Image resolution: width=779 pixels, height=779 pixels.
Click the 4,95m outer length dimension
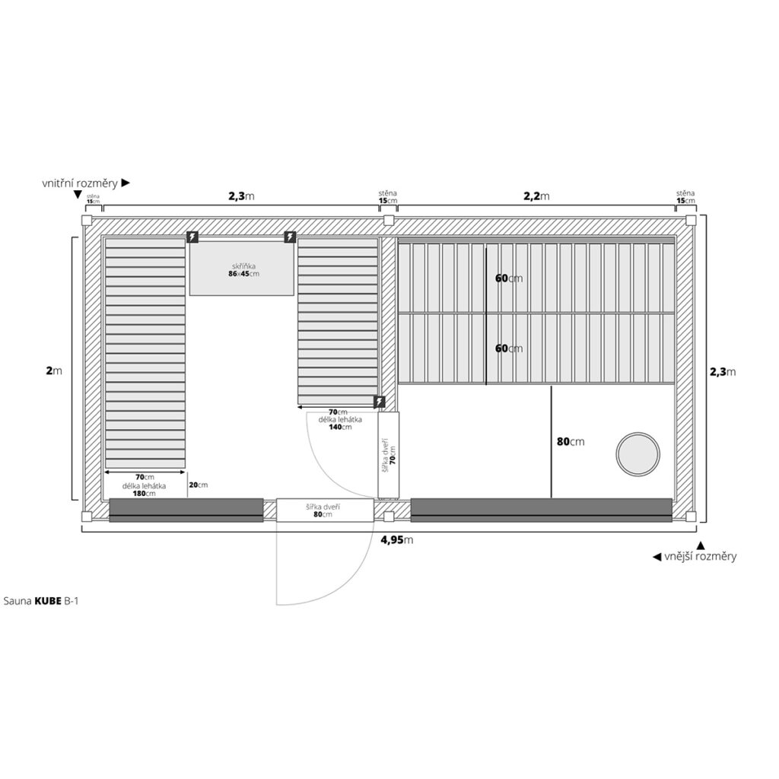(x=396, y=540)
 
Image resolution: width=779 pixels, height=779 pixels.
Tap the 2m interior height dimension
(x=53, y=370)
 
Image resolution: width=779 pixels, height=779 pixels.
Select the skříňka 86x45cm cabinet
(x=241, y=269)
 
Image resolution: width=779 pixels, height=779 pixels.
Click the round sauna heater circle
(x=638, y=454)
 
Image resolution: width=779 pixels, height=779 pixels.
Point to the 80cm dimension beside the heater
(x=571, y=441)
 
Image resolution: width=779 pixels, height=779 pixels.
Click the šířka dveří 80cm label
(x=324, y=510)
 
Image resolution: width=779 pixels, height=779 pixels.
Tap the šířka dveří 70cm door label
(x=389, y=454)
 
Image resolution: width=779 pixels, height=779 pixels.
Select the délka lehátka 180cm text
(x=139, y=489)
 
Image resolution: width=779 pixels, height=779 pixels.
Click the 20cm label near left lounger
(x=198, y=485)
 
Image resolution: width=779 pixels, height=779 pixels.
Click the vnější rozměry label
(x=695, y=556)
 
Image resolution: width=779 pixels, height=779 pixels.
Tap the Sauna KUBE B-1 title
(x=42, y=600)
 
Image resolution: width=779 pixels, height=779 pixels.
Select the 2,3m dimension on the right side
(x=723, y=372)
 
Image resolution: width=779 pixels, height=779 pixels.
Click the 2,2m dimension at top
(x=536, y=196)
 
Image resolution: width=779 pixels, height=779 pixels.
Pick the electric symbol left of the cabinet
(x=193, y=237)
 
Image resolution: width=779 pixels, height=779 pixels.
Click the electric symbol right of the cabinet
(x=290, y=237)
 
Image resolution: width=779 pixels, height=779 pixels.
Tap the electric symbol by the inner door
(x=380, y=402)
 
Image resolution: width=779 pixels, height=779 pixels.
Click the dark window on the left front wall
(x=186, y=510)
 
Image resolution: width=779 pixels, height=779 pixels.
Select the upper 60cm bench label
(x=508, y=278)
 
